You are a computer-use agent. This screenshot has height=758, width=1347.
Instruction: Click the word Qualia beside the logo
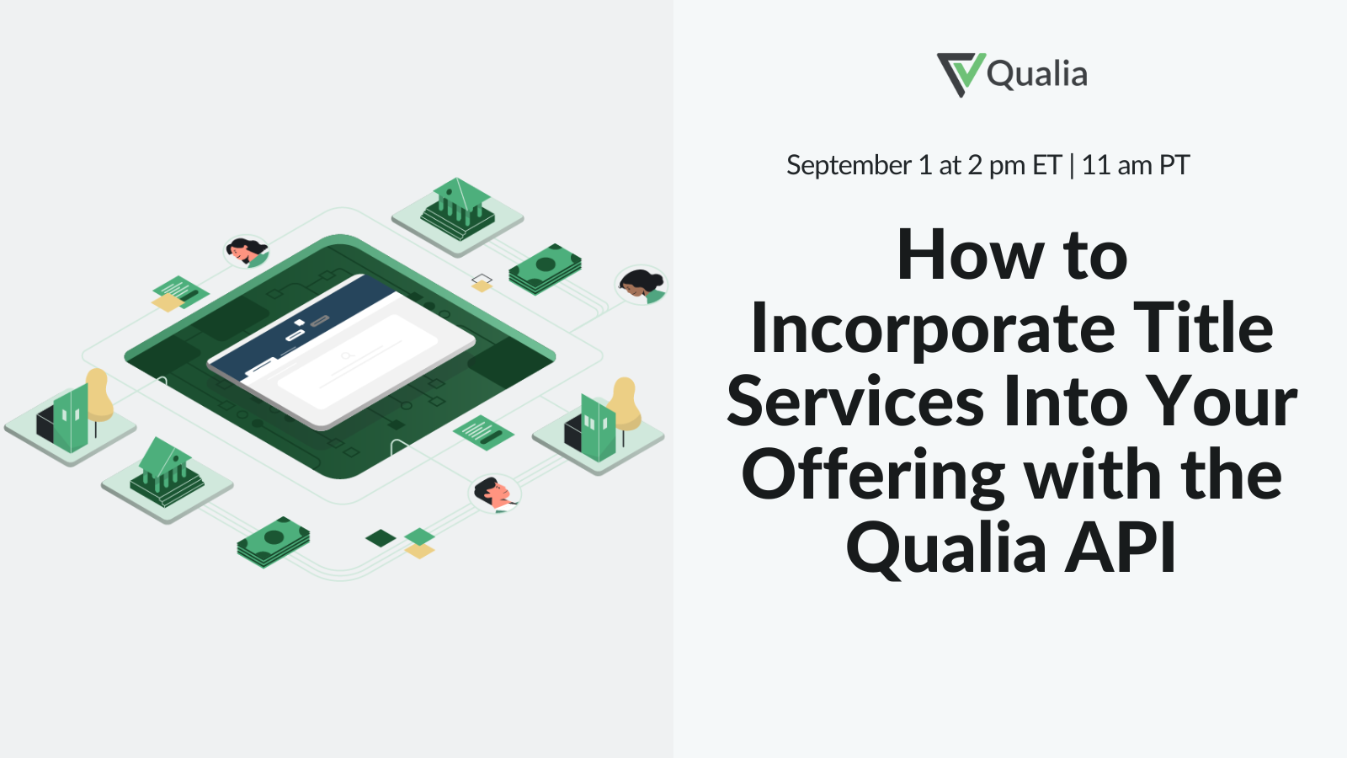coord(1037,74)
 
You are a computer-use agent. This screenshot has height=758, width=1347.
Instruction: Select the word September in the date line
coord(849,165)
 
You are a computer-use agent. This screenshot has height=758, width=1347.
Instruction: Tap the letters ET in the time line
coord(1047,165)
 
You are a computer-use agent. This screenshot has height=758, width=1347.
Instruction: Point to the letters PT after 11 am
coord(1174,165)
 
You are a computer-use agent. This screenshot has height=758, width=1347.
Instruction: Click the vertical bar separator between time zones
coord(1072,165)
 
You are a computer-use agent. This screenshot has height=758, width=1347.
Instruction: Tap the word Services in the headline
coord(855,403)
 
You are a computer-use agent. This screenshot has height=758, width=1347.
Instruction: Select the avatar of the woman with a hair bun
coord(642,286)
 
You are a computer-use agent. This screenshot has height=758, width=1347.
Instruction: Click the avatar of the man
coord(493,494)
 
